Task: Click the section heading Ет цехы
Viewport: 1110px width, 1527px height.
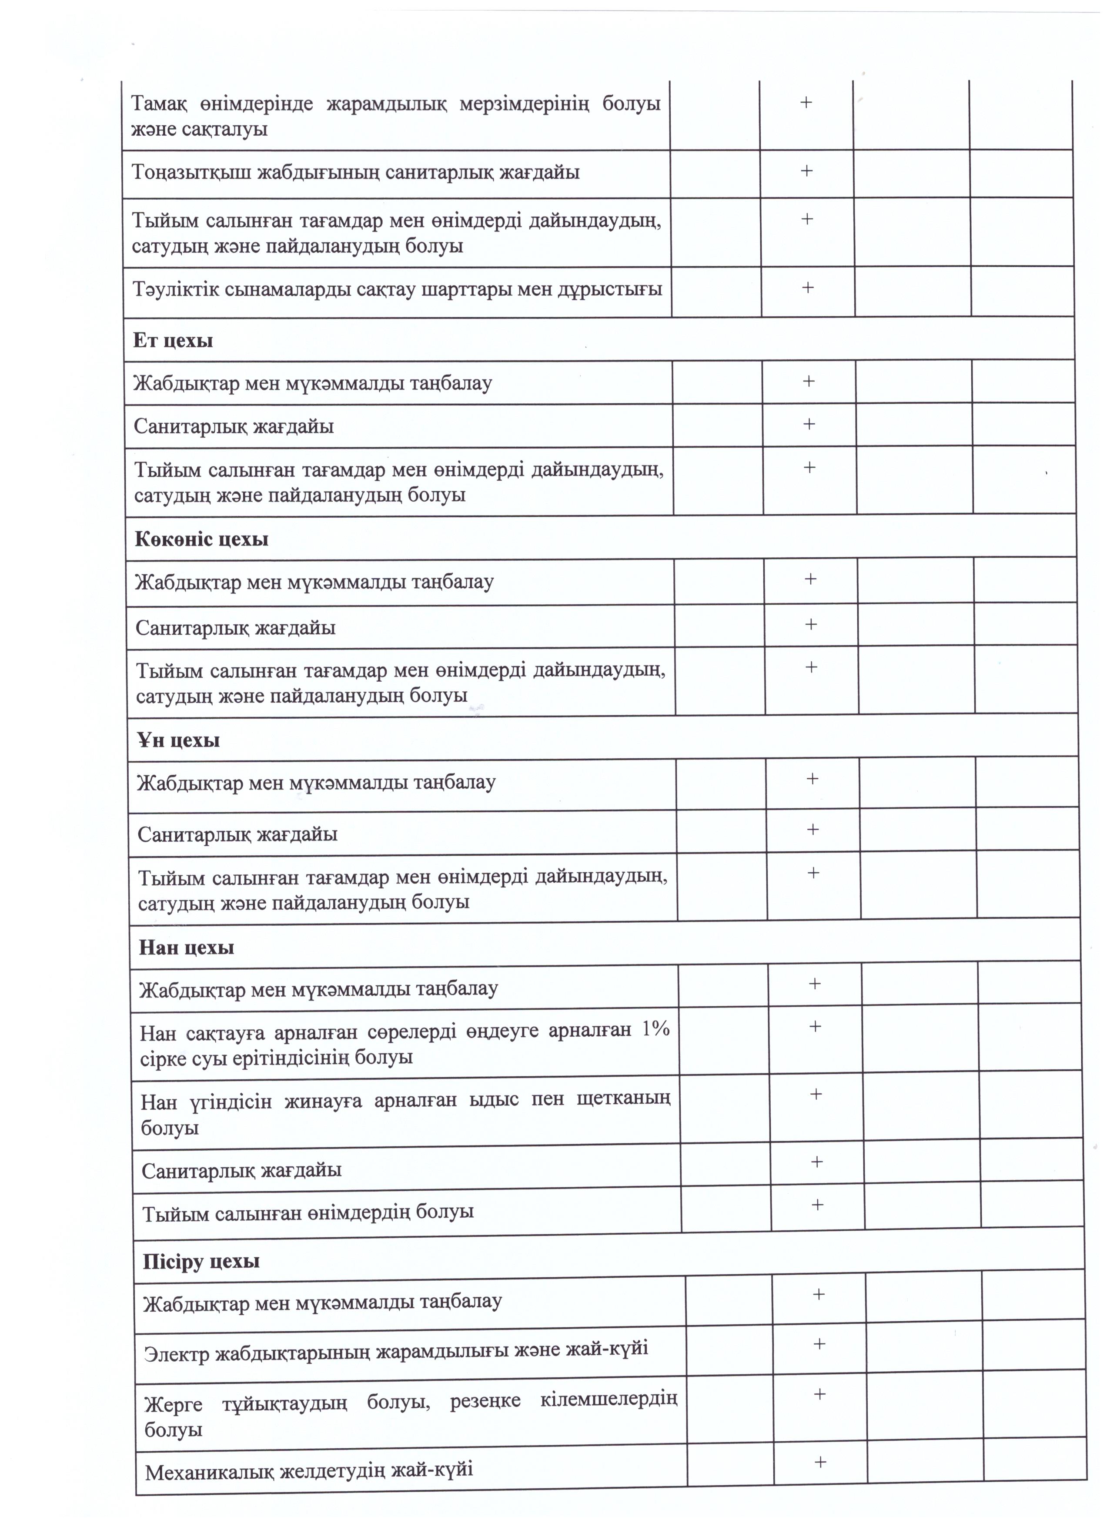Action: click(x=173, y=341)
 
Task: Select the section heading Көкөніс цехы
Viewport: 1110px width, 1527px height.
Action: click(x=201, y=539)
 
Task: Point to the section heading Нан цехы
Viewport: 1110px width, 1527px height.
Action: click(x=187, y=948)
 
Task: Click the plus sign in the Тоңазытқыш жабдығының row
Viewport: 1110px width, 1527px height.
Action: click(x=806, y=171)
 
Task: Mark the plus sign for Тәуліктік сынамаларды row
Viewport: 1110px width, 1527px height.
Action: click(x=808, y=288)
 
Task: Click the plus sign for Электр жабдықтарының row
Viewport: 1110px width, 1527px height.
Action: click(x=819, y=1344)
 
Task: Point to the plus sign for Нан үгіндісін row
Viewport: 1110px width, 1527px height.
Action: click(x=816, y=1095)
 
